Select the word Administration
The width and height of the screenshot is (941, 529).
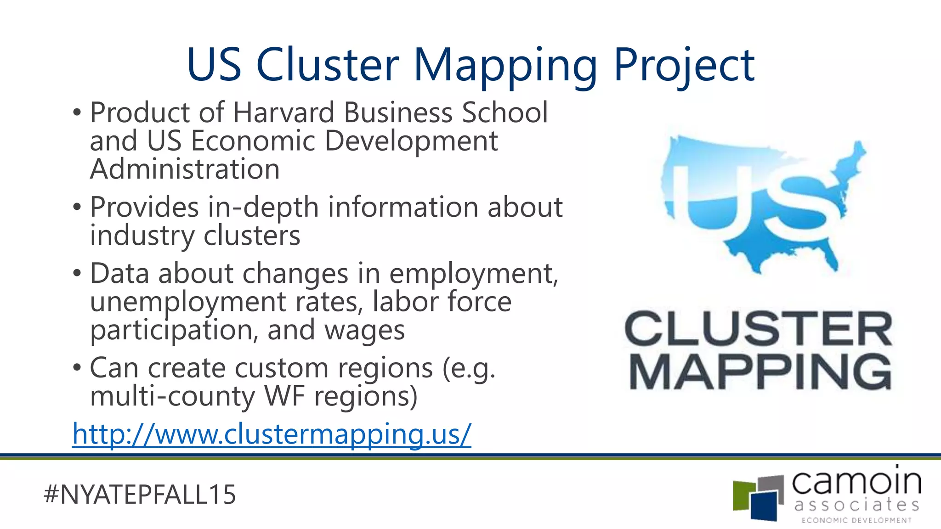click(x=185, y=169)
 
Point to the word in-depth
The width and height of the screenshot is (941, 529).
click(x=263, y=208)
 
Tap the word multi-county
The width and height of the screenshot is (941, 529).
click(x=172, y=396)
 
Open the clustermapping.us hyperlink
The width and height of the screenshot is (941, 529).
click(x=272, y=433)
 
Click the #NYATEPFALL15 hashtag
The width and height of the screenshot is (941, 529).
click(x=140, y=495)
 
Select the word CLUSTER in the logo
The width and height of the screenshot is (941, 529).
click(x=758, y=328)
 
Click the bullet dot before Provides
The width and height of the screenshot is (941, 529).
click(x=77, y=208)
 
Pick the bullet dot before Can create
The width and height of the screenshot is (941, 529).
click(x=77, y=368)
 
